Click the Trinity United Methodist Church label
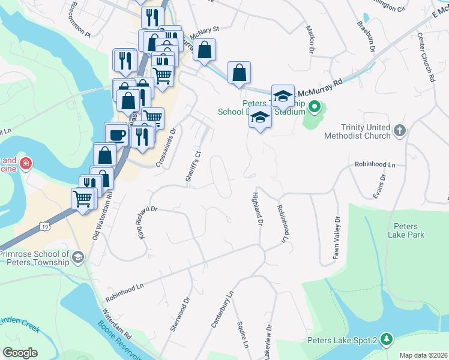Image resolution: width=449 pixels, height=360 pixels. (357, 131)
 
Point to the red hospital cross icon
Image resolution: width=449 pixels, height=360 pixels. (25, 163)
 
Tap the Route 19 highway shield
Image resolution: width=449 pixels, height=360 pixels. (45, 226)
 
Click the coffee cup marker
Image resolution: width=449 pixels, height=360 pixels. (116, 134)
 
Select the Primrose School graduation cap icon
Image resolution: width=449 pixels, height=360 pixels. (77, 258)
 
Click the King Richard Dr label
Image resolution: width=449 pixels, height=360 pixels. (142, 223)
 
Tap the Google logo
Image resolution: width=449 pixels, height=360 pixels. (20, 353)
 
